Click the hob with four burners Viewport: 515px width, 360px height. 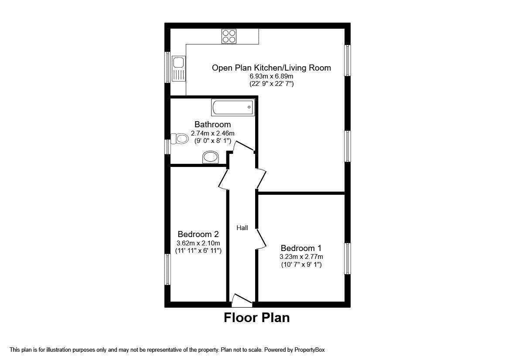[x=229, y=36]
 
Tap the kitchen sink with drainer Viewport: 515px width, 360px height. [x=178, y=68]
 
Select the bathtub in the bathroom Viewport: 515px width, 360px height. [x=233, y=107]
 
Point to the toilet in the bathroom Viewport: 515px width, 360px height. [x=180, y=139]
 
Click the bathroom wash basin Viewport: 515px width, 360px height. [x=211, y=157]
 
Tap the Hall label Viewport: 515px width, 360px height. [x=242, y=228]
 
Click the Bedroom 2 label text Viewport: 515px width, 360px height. [x=198, y=234]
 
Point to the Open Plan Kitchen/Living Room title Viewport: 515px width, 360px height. [x=271, y=68]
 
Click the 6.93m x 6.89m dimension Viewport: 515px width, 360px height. [x=271, y=76]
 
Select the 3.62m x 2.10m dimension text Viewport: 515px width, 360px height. [x=198, y=243]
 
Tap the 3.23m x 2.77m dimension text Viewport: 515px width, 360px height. [x=301, y=257]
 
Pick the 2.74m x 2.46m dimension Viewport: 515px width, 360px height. [x=213, y=133]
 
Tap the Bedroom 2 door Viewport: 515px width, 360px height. [x=223, y=179]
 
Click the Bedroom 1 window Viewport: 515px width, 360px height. [x=348, y=258]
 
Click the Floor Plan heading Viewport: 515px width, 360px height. [x=256, y=318]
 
